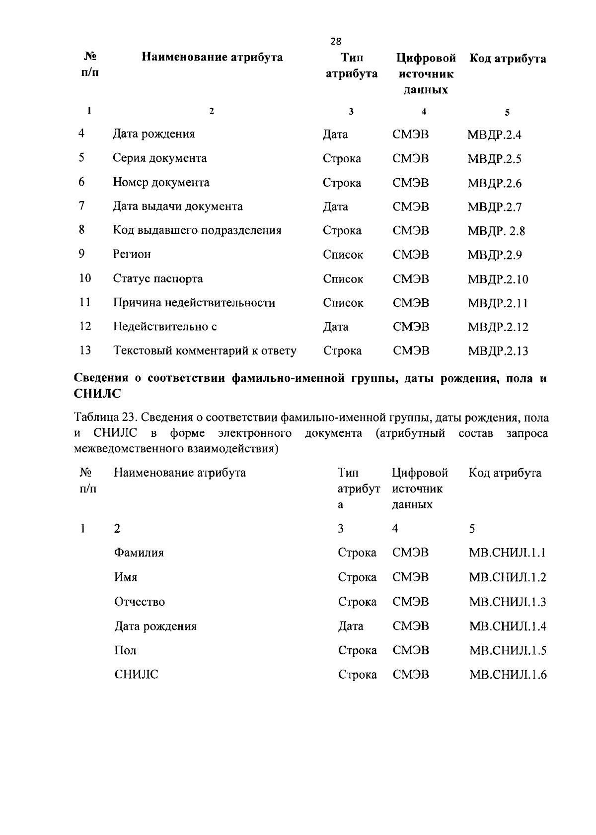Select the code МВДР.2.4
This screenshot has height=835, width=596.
494,135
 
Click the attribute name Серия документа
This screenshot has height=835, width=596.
159,158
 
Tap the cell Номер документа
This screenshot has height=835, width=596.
161,183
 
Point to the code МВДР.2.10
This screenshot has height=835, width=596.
498,279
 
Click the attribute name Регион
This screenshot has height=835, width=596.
132,255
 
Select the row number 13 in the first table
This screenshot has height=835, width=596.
85,350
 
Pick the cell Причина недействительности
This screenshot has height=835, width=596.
194,303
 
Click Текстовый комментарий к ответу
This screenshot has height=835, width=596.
205,351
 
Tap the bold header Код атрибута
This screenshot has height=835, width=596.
508,59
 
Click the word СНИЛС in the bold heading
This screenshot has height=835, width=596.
97,394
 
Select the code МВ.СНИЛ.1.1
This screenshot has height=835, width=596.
507,553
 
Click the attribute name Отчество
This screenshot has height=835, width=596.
140,602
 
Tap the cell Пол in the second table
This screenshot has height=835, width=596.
125,650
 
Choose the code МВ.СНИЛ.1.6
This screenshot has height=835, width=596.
508,675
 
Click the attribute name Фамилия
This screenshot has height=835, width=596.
139,553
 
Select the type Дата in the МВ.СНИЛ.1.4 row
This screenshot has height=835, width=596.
351,626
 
